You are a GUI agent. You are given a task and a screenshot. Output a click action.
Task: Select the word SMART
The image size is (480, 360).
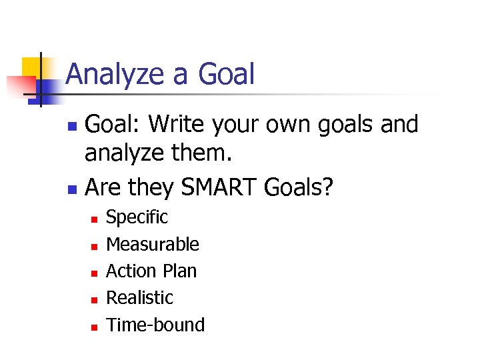[217, 189]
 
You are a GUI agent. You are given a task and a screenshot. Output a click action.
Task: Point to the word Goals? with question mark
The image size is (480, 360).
[298, 189]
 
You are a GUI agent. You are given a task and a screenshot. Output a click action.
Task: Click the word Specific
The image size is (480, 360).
[137, 217]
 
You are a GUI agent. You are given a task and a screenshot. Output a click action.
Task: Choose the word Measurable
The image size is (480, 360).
[153, 245]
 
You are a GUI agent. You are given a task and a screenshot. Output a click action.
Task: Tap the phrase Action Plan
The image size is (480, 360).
[151, 271]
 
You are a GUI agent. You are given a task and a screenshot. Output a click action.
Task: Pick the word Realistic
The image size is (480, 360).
[139, 298]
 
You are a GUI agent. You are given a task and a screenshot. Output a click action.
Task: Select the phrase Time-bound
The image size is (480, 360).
[155, 325]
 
